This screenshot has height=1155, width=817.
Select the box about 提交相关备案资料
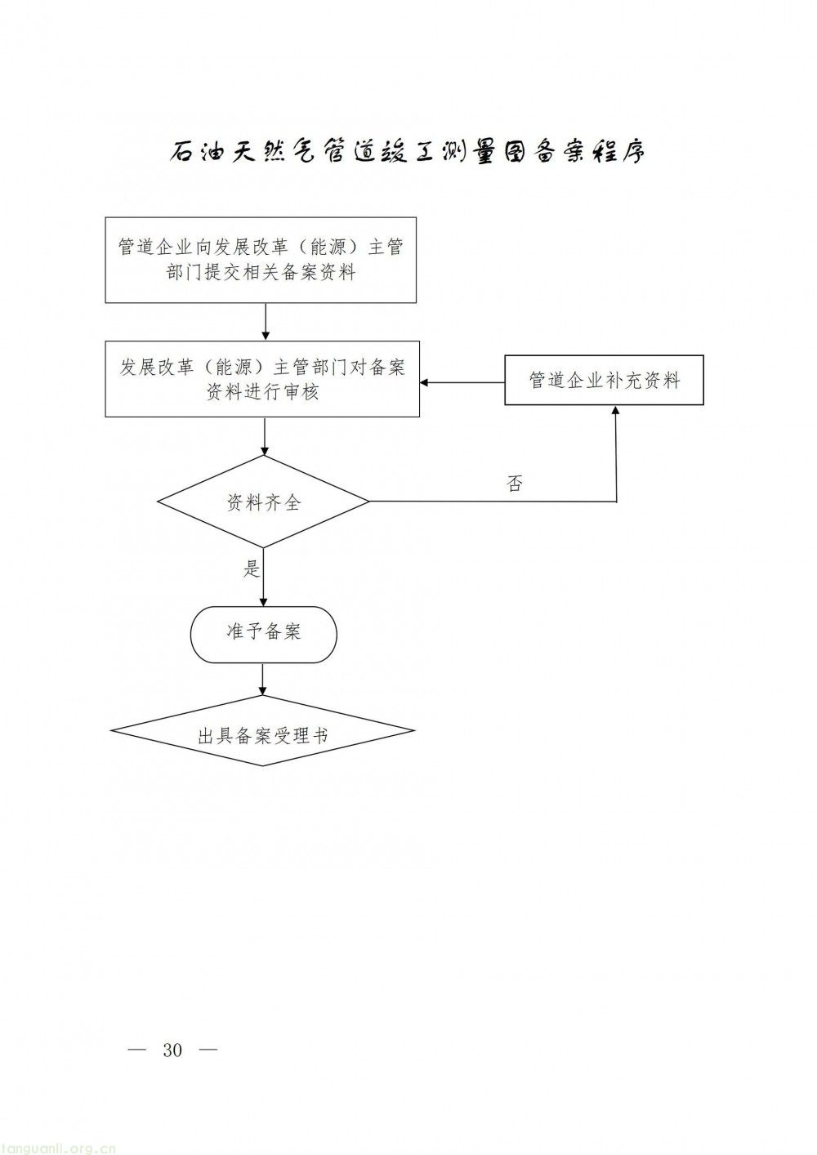pos(261,260)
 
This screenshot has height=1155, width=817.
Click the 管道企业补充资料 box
pos(604,381)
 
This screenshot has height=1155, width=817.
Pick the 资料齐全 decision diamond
pos(263,502)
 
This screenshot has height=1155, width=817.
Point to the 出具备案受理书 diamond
pos(263,735)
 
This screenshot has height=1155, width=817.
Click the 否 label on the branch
pos(514,484)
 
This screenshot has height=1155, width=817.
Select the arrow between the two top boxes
pos(264,322)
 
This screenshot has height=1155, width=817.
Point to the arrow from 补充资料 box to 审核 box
pos(462,382)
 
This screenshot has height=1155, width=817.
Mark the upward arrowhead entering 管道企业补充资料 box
pos(615,412)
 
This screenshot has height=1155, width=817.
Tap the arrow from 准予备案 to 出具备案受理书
pos(263,678)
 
